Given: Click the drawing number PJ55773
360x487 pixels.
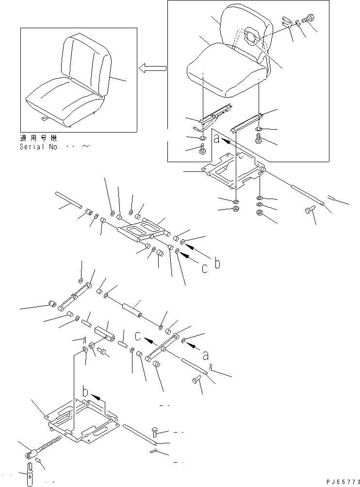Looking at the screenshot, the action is pos(343,482).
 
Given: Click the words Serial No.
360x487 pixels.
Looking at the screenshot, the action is pos(39,147).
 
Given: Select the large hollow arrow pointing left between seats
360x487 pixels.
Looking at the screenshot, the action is pos(152,68).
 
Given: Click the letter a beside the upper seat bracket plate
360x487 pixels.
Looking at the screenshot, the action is pos(216,138).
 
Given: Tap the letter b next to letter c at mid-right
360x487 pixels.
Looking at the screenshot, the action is pos(217,263).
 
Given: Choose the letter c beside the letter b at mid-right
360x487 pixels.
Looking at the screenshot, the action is pos(204,269).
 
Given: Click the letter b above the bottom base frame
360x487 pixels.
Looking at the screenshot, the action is pos(86,391).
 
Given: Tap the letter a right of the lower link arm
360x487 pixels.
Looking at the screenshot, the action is pos(205,356).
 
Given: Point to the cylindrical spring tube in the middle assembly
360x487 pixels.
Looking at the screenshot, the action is pos(132,310).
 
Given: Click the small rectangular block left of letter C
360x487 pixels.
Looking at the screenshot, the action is pos(105,333).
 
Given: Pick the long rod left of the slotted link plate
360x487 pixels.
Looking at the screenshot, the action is pos(68,200).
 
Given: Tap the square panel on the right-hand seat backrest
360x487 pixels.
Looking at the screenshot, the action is pos(251,36).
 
